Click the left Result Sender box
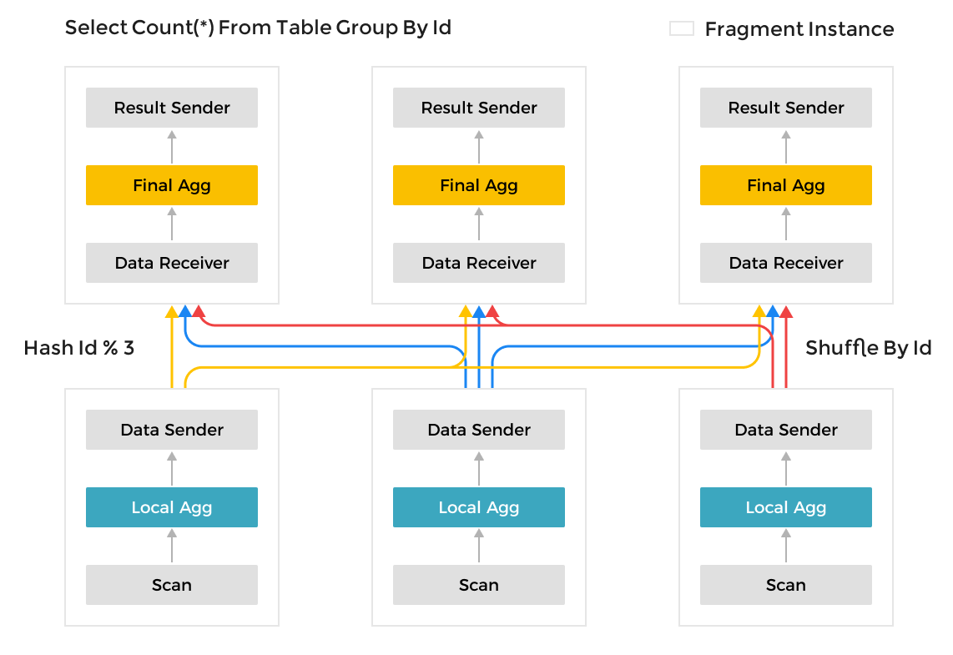coord(172,108)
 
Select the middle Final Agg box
coord(479,185)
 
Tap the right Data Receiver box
coord(786,263)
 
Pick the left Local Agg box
coord(172,507)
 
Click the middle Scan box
coord(479,585)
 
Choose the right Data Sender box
coord(786,430)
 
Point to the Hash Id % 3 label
coord(79,348)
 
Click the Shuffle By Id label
coord(868,348)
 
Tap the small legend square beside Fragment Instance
coord(682,29)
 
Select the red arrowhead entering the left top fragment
coord(199,311)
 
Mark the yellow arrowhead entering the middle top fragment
coord(466,311)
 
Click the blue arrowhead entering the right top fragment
coord(773,311)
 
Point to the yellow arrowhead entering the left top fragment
coord(172,311)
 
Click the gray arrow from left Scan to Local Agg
coord(172,546)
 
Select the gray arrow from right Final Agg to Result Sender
coord(786,146)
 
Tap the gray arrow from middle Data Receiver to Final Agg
coord(479,224)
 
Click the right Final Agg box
coord(786,185)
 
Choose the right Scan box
coord(786,585)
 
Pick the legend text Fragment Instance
coord(799,29)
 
